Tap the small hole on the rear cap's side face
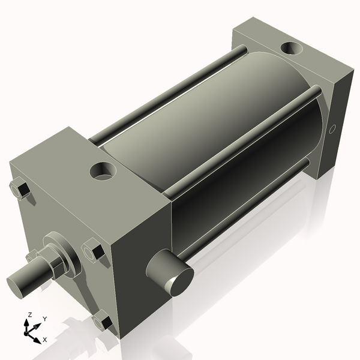point(333,128)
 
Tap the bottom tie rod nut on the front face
point(103,323)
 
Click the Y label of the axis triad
point(44,319)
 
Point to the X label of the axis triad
point(44,340)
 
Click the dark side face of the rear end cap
point(339,120)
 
